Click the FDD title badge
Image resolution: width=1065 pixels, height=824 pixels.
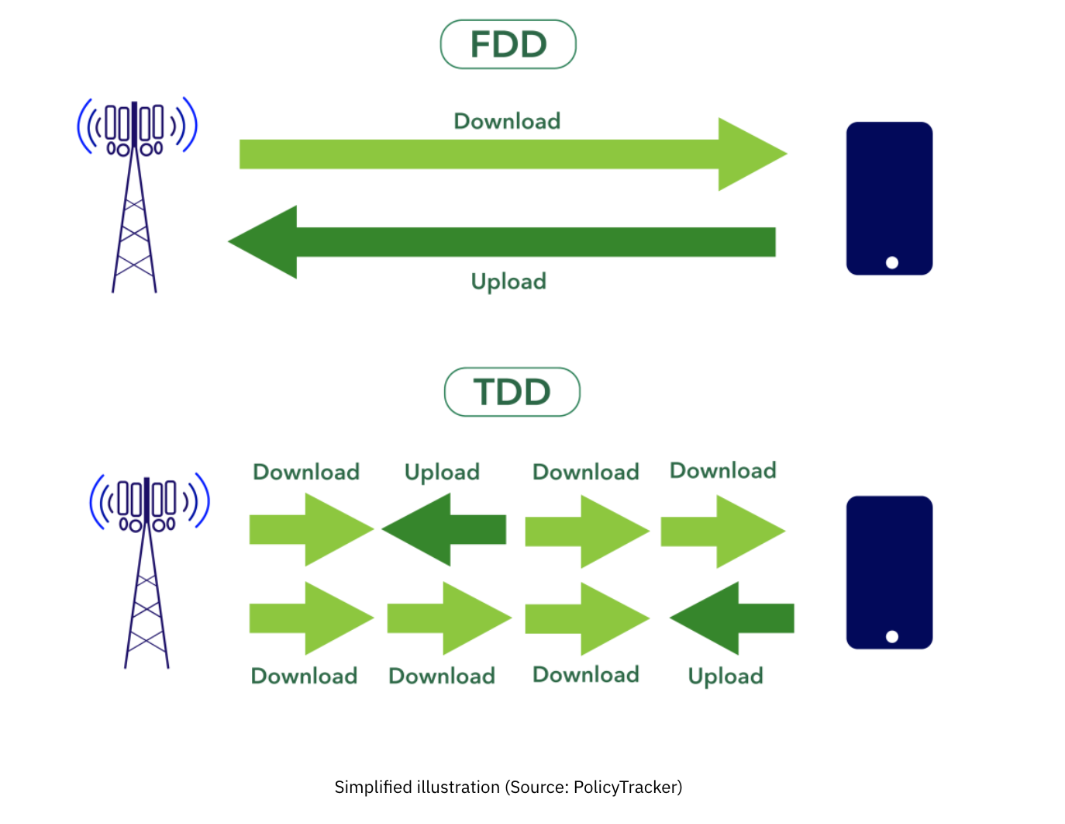click(x=508, y=44)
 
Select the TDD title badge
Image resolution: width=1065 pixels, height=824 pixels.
click(x=512, y=392)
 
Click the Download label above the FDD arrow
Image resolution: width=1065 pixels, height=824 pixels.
click(x=507, y=121)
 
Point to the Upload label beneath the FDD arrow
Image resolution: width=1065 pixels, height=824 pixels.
click(x=508, y=281)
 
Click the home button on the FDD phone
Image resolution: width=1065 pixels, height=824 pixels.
click(x=892, y=263)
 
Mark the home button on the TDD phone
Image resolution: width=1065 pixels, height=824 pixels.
click(x=892, y=637)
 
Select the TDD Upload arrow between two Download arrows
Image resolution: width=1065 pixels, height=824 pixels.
click(x=444, y=530)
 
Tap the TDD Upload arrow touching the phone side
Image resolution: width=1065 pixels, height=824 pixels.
click(x=732, y=618)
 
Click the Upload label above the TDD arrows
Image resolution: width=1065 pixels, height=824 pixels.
click(x=442, y=473)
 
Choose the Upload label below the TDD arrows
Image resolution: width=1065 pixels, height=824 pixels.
click(x=726, y=677)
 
